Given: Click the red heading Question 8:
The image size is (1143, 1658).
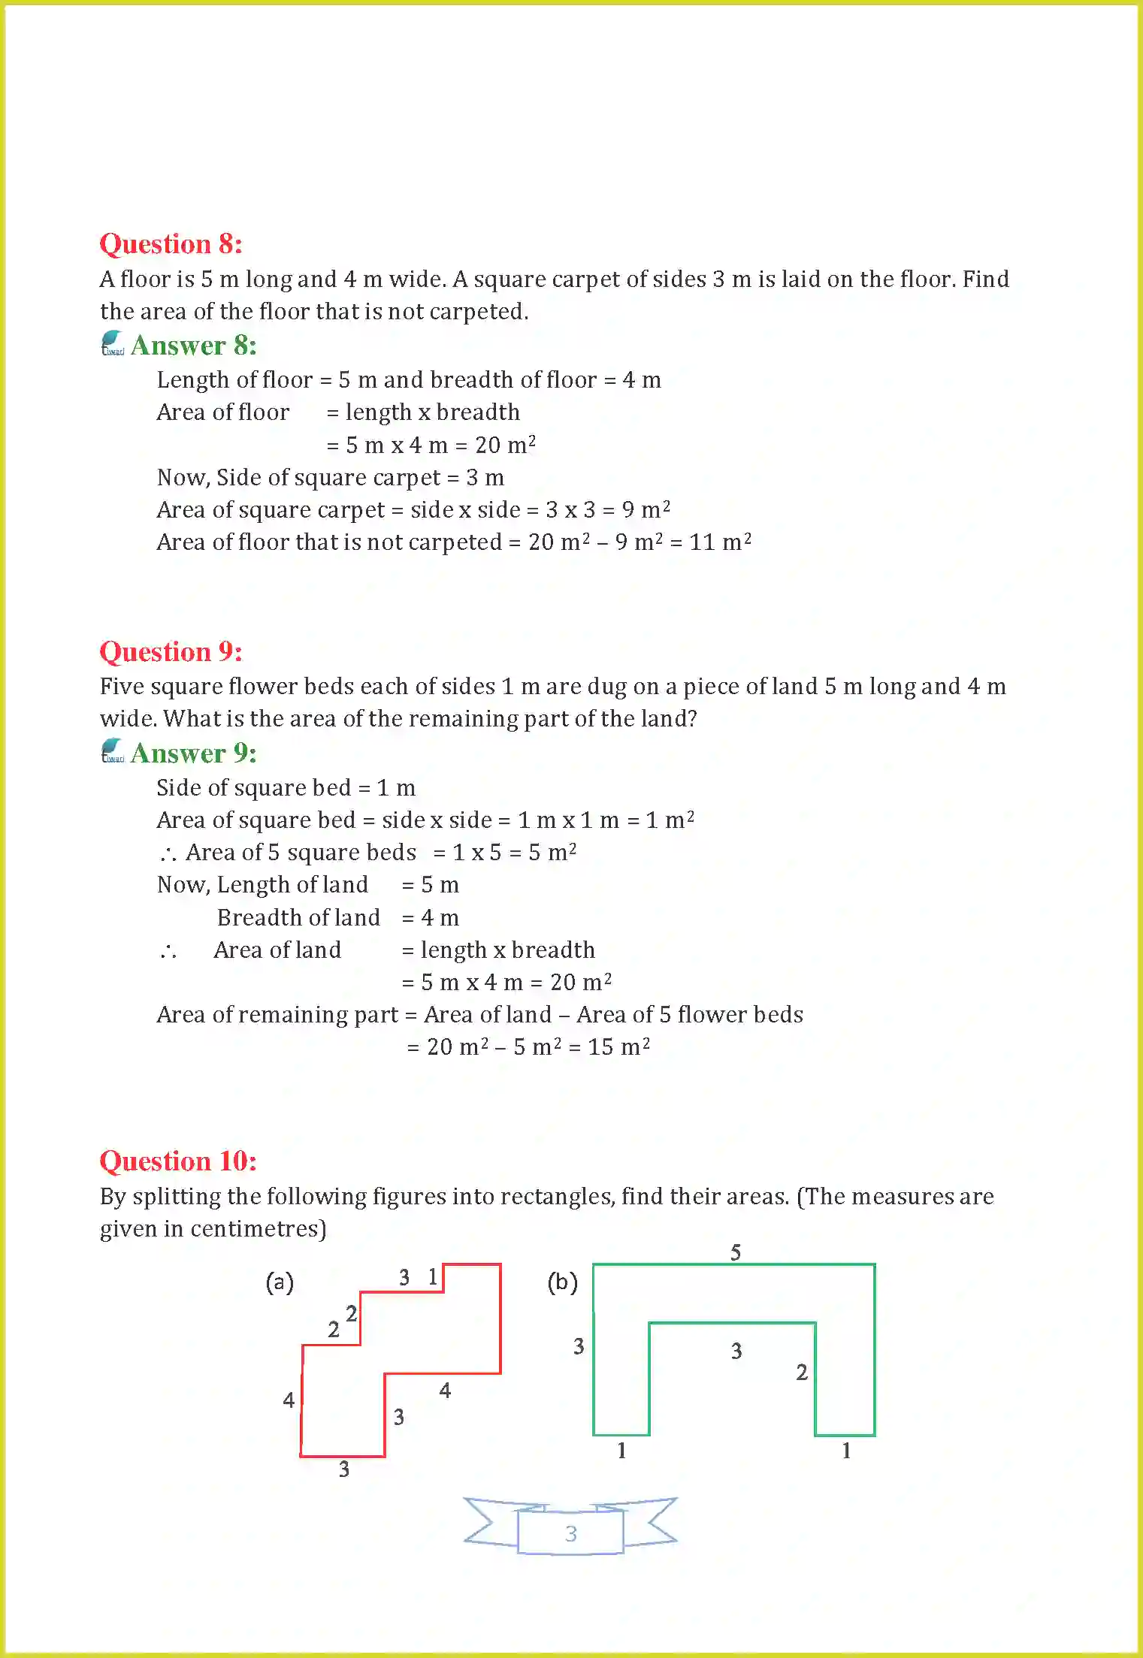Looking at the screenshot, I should pos(171,244).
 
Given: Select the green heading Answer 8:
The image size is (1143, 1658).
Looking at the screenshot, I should pos(193,346).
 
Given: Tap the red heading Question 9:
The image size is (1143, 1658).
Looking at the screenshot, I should pos(171,651).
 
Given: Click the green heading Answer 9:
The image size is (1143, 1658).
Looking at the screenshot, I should pos(193,753).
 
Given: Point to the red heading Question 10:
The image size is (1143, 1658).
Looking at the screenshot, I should pos(178,1161).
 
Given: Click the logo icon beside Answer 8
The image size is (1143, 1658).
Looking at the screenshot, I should pos(112,343).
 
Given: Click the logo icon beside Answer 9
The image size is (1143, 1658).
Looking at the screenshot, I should pos(112,750).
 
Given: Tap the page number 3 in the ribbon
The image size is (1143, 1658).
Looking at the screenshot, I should pos(571,1533).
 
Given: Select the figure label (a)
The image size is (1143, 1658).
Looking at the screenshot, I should pos(280,1282).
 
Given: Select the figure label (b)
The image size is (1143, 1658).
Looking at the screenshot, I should pos(562,1282).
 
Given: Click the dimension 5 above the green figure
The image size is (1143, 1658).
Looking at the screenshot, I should pos(736,1252).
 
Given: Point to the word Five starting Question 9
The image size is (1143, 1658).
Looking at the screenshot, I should pos(122,686).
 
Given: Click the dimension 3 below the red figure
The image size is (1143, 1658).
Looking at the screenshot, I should pos(343,1469).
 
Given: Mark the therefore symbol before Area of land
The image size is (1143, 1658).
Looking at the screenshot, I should pos(168,952).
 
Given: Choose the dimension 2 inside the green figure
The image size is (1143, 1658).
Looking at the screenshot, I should pos(802,1373).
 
